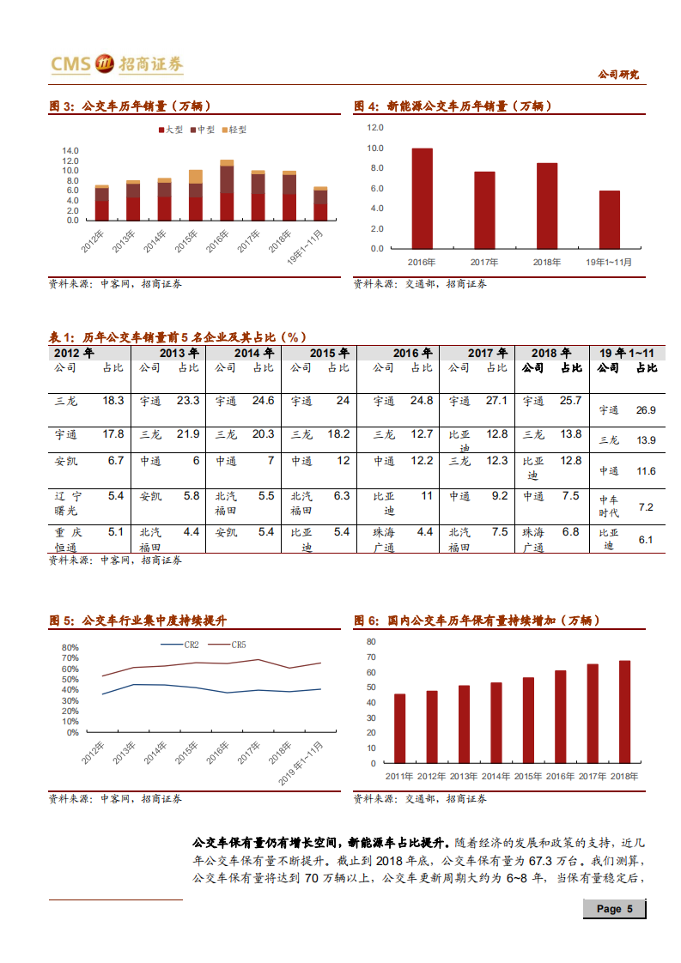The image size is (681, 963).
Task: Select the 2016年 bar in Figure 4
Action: pos(422,198)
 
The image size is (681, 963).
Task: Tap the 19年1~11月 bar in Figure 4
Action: pos(609,219)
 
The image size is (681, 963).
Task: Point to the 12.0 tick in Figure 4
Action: pos(374,128)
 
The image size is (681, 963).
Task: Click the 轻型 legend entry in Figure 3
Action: pos(235,130)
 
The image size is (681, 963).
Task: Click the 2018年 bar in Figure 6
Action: pos(624,712)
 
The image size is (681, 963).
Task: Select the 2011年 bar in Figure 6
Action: pos(399,728)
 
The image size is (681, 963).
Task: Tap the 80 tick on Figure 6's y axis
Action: pos(371,642)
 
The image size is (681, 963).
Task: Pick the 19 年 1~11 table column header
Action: pos(627,353)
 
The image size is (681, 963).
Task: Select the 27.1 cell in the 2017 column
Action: pos(496,401)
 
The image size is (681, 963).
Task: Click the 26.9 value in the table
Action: pos(646,410)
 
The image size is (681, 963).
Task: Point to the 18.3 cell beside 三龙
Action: pos(113,401)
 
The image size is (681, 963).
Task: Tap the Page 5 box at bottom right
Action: pos(614,909)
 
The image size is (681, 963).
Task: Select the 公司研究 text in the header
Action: pos(618,75)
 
